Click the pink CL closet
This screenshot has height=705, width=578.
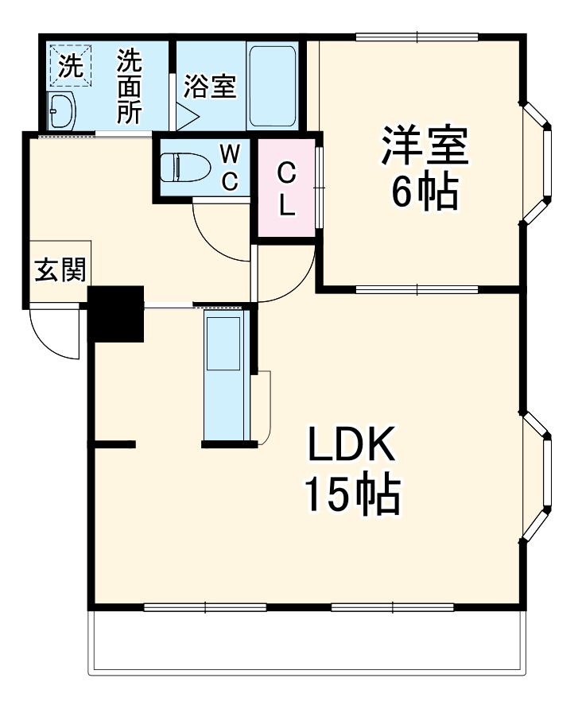pos(286,188)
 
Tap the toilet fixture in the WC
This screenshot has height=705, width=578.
pos(184,169)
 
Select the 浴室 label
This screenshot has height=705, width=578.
pos(210,87)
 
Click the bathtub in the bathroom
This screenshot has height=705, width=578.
pos(272,85)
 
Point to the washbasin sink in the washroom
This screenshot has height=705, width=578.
pos(61,110)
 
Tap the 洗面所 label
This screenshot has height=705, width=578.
pos(129,86)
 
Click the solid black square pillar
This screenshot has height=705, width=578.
pos(115,313)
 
